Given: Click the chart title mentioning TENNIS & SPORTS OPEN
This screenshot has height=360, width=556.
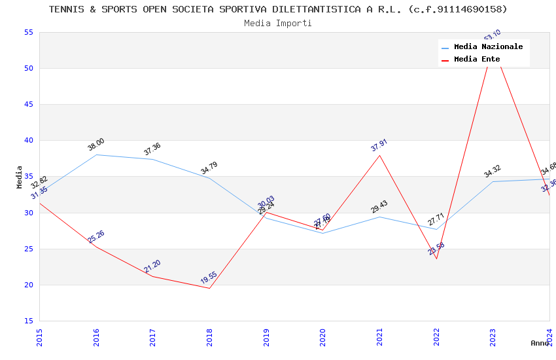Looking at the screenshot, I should pos(278,9).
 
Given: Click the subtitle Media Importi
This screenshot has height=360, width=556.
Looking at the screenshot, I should pos(278,24).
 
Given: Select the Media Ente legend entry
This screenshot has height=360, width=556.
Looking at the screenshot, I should pos(477,60).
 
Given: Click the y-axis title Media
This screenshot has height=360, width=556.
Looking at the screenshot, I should pos(20,177).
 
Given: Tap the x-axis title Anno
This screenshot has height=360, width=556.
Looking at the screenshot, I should pos(540,343).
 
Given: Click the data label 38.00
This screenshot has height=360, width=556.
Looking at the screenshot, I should pos(96,145).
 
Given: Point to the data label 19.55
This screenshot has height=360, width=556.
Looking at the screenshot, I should pos(209,277).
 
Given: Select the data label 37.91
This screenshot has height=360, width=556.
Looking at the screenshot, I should pos(379,145).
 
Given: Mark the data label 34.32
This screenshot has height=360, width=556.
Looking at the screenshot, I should pos(492,171).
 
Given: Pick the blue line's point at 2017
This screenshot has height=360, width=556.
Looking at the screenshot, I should pos(153,159).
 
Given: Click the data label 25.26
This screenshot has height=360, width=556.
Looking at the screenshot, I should pos(96,237).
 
